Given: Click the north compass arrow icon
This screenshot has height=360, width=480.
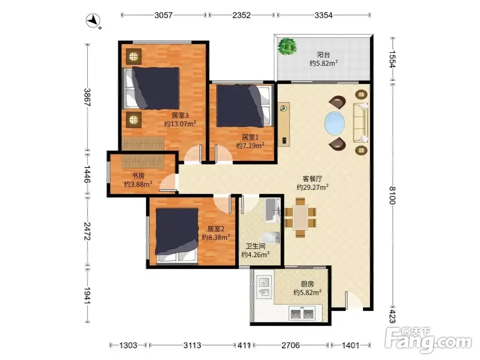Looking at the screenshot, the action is (94, 21).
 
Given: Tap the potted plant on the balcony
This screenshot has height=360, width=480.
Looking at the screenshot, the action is (288, 46).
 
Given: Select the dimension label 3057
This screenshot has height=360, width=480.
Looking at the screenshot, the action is (164, 15).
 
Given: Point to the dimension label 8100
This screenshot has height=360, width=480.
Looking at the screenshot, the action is (392, 195).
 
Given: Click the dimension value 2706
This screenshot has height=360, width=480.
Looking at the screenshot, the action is (290, 345).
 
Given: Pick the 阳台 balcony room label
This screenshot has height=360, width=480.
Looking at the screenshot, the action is (324, 55).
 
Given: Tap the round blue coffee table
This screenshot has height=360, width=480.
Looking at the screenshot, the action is (334, 123).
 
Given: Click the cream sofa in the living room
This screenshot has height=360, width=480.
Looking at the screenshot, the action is (361, 123).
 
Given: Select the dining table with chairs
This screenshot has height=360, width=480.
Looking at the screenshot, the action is (300, 217).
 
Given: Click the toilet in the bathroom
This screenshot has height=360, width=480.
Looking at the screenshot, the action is (271, 238).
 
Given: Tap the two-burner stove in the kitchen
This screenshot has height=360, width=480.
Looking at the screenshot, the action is (301, 314).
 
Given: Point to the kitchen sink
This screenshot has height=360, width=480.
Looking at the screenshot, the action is (264, 287).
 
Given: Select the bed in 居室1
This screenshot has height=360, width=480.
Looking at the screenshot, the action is (244, 106).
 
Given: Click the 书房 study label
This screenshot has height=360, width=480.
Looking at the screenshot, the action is (138, 176).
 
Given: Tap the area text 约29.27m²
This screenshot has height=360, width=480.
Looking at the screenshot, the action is (312, 187).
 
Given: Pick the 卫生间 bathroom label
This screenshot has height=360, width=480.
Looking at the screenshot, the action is (256, 246).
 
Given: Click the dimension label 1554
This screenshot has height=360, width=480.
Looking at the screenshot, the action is (392, 59).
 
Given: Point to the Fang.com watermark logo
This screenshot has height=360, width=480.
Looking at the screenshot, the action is (429, 339).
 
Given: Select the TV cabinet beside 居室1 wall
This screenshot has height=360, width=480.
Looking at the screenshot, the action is (284, 124).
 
